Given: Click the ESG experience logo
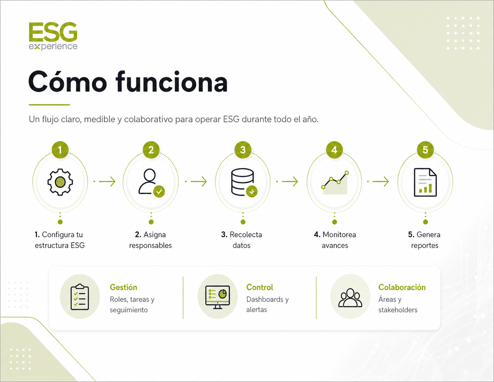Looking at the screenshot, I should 53,36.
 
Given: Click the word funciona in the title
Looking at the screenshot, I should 171,82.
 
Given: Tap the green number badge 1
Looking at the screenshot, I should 60,150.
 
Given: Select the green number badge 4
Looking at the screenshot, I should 334,150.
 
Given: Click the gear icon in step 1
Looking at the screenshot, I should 60,182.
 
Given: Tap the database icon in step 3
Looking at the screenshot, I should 243,182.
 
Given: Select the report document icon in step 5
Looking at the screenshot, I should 425,182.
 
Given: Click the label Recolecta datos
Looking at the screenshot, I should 241,240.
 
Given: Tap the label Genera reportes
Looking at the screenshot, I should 424,240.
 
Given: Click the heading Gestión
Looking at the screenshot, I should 123,287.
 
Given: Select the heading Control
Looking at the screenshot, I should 259,287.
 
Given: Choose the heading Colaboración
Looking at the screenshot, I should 402,287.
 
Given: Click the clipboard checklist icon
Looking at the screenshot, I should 80,297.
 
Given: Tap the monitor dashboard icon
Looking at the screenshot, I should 218,297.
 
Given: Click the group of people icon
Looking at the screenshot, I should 350,297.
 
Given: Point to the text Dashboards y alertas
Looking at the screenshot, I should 267,304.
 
